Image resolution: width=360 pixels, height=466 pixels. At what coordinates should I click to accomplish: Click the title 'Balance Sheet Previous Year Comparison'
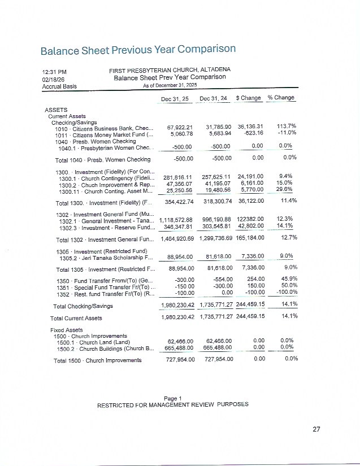pyautogui.click(x=138, y=50)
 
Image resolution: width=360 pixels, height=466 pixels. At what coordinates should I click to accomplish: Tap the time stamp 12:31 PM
pyautogui.click(x=54, y=72)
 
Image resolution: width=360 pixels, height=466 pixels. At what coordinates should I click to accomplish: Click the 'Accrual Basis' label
pyautogui.click(x=59, y=87)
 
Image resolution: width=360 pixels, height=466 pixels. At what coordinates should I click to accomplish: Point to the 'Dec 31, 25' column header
pyautogui.click(x=175, y=98)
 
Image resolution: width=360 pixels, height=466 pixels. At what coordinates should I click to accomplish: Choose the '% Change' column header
pyautogui.click(x=281, y=98)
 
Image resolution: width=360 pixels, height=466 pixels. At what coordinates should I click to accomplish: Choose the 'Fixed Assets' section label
pyautogui.click(x=66, y=330)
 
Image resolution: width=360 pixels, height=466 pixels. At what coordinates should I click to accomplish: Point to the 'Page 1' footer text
pyautogui.click(x=172, y=398)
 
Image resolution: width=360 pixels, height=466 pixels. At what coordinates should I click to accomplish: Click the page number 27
pyautogui.click(x=316, y=429)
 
